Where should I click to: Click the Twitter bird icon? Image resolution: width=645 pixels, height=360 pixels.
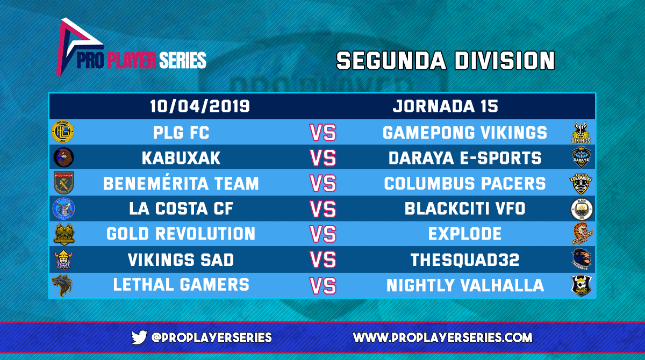[140, 337]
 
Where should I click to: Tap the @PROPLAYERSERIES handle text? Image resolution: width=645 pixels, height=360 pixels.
[211, 337]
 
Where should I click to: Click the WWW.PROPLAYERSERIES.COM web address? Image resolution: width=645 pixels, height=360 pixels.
[442, 337]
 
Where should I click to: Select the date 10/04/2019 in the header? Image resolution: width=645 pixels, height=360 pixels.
[199, 106]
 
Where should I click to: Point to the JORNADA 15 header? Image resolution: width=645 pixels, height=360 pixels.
[445, 106]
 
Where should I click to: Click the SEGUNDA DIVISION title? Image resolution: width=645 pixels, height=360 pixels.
[445, 61]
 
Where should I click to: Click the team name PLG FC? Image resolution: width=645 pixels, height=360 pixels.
[181, 132]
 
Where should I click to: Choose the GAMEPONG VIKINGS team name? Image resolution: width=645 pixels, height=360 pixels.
[465, 132]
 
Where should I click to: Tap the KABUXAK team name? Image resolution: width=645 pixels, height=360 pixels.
[181, 158]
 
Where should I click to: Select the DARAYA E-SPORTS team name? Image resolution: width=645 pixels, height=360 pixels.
[465, 158]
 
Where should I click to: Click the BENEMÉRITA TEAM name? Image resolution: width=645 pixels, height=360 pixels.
[181, 184]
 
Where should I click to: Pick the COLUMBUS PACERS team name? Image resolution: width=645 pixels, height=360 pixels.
[465, 184]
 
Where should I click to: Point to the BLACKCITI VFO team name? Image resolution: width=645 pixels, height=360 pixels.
[465, 209]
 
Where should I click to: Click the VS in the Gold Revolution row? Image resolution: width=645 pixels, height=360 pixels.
[323, 235]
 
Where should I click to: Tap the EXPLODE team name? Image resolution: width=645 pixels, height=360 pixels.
[465, 235]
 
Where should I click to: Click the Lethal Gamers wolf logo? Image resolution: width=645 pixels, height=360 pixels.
[63, 285]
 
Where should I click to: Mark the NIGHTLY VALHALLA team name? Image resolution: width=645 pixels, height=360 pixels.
[465, 286]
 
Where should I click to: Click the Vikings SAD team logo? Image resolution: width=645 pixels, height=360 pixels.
[63, 260]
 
